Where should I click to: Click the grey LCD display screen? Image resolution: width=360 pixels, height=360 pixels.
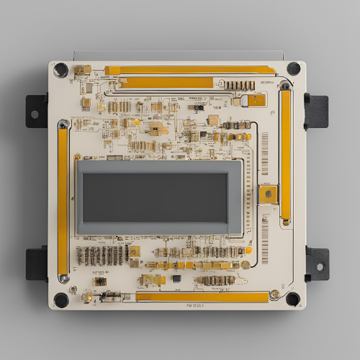pos(161,197)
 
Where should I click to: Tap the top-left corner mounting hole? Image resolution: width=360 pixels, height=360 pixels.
pos(61,70)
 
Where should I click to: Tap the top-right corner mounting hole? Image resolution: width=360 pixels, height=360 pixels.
pos(294,68)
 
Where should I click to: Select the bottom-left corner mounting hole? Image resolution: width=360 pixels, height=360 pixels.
pos(62,300)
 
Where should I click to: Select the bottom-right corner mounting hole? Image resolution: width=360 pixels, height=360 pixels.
pos(292,299)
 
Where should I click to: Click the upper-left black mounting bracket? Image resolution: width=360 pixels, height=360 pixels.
pos(36,111)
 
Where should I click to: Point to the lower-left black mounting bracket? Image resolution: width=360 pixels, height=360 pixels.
pos(36,264)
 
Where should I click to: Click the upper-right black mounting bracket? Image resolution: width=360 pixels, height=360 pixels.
pos(316,110)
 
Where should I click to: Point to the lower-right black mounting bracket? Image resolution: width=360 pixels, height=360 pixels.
pos(317,264)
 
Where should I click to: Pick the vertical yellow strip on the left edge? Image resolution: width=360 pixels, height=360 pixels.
pos(63,202)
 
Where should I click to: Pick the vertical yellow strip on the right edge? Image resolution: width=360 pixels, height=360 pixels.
pos(286,155)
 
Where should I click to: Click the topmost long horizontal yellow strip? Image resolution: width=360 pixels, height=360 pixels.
pos(191,71)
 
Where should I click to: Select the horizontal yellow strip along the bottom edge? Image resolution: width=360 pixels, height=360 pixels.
pos(202,297)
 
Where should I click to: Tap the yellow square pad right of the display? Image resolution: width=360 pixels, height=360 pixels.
pos(268,194)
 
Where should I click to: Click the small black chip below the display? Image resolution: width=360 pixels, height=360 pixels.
pos(176,278)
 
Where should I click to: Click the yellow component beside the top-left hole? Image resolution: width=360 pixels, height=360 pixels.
pos(82,70)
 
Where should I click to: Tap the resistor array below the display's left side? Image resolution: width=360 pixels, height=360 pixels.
pos(101,255)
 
